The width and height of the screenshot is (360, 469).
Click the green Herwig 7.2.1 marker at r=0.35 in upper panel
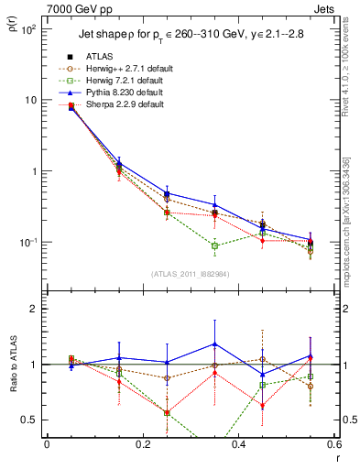click(x=214, y=245)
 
